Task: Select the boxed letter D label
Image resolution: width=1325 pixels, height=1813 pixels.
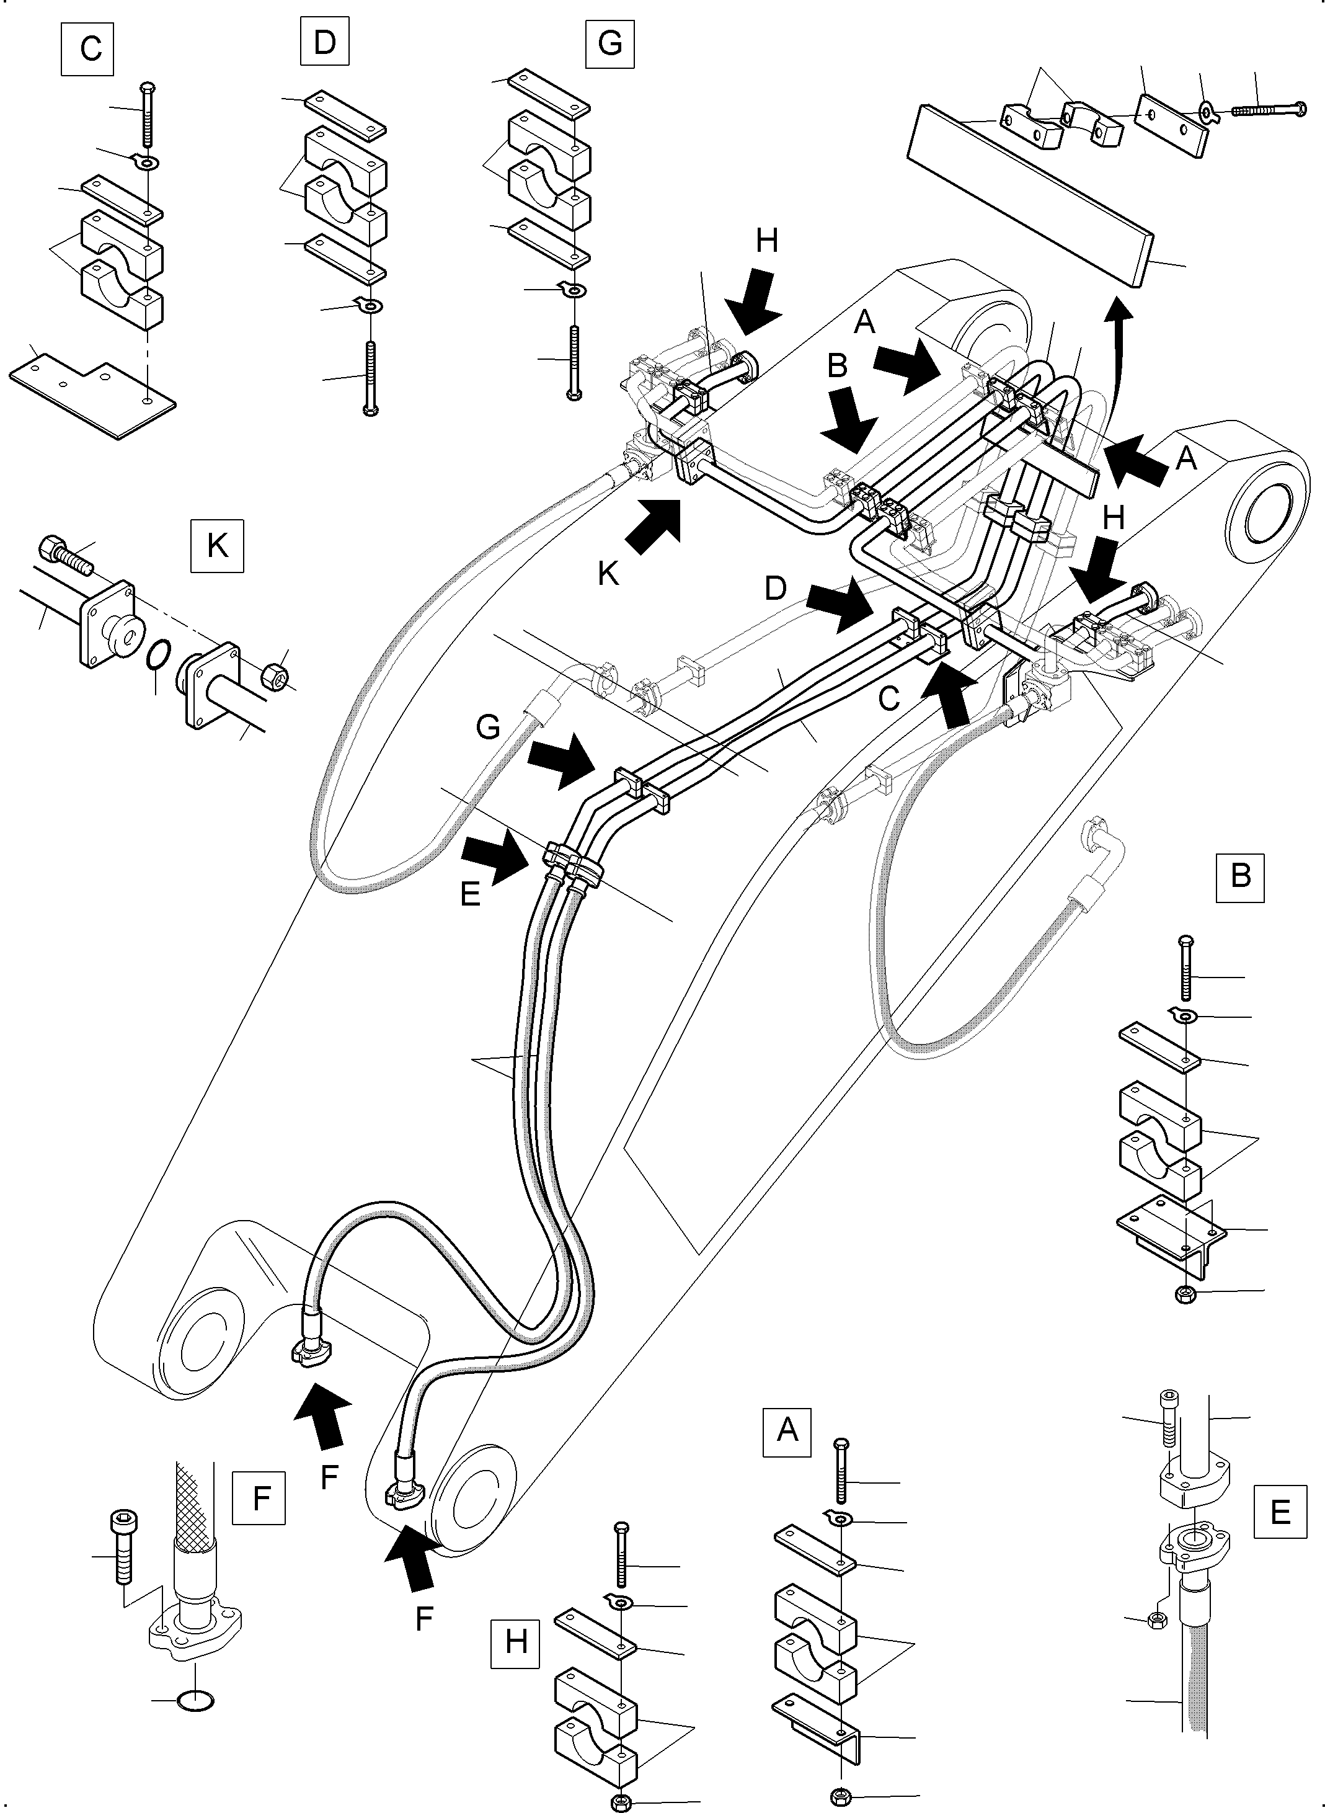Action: click(x=324, y=42)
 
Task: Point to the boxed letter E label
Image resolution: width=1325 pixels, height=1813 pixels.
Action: click(x=1280, y=1512)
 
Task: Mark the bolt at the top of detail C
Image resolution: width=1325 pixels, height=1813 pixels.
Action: click(x=147, y=114)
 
